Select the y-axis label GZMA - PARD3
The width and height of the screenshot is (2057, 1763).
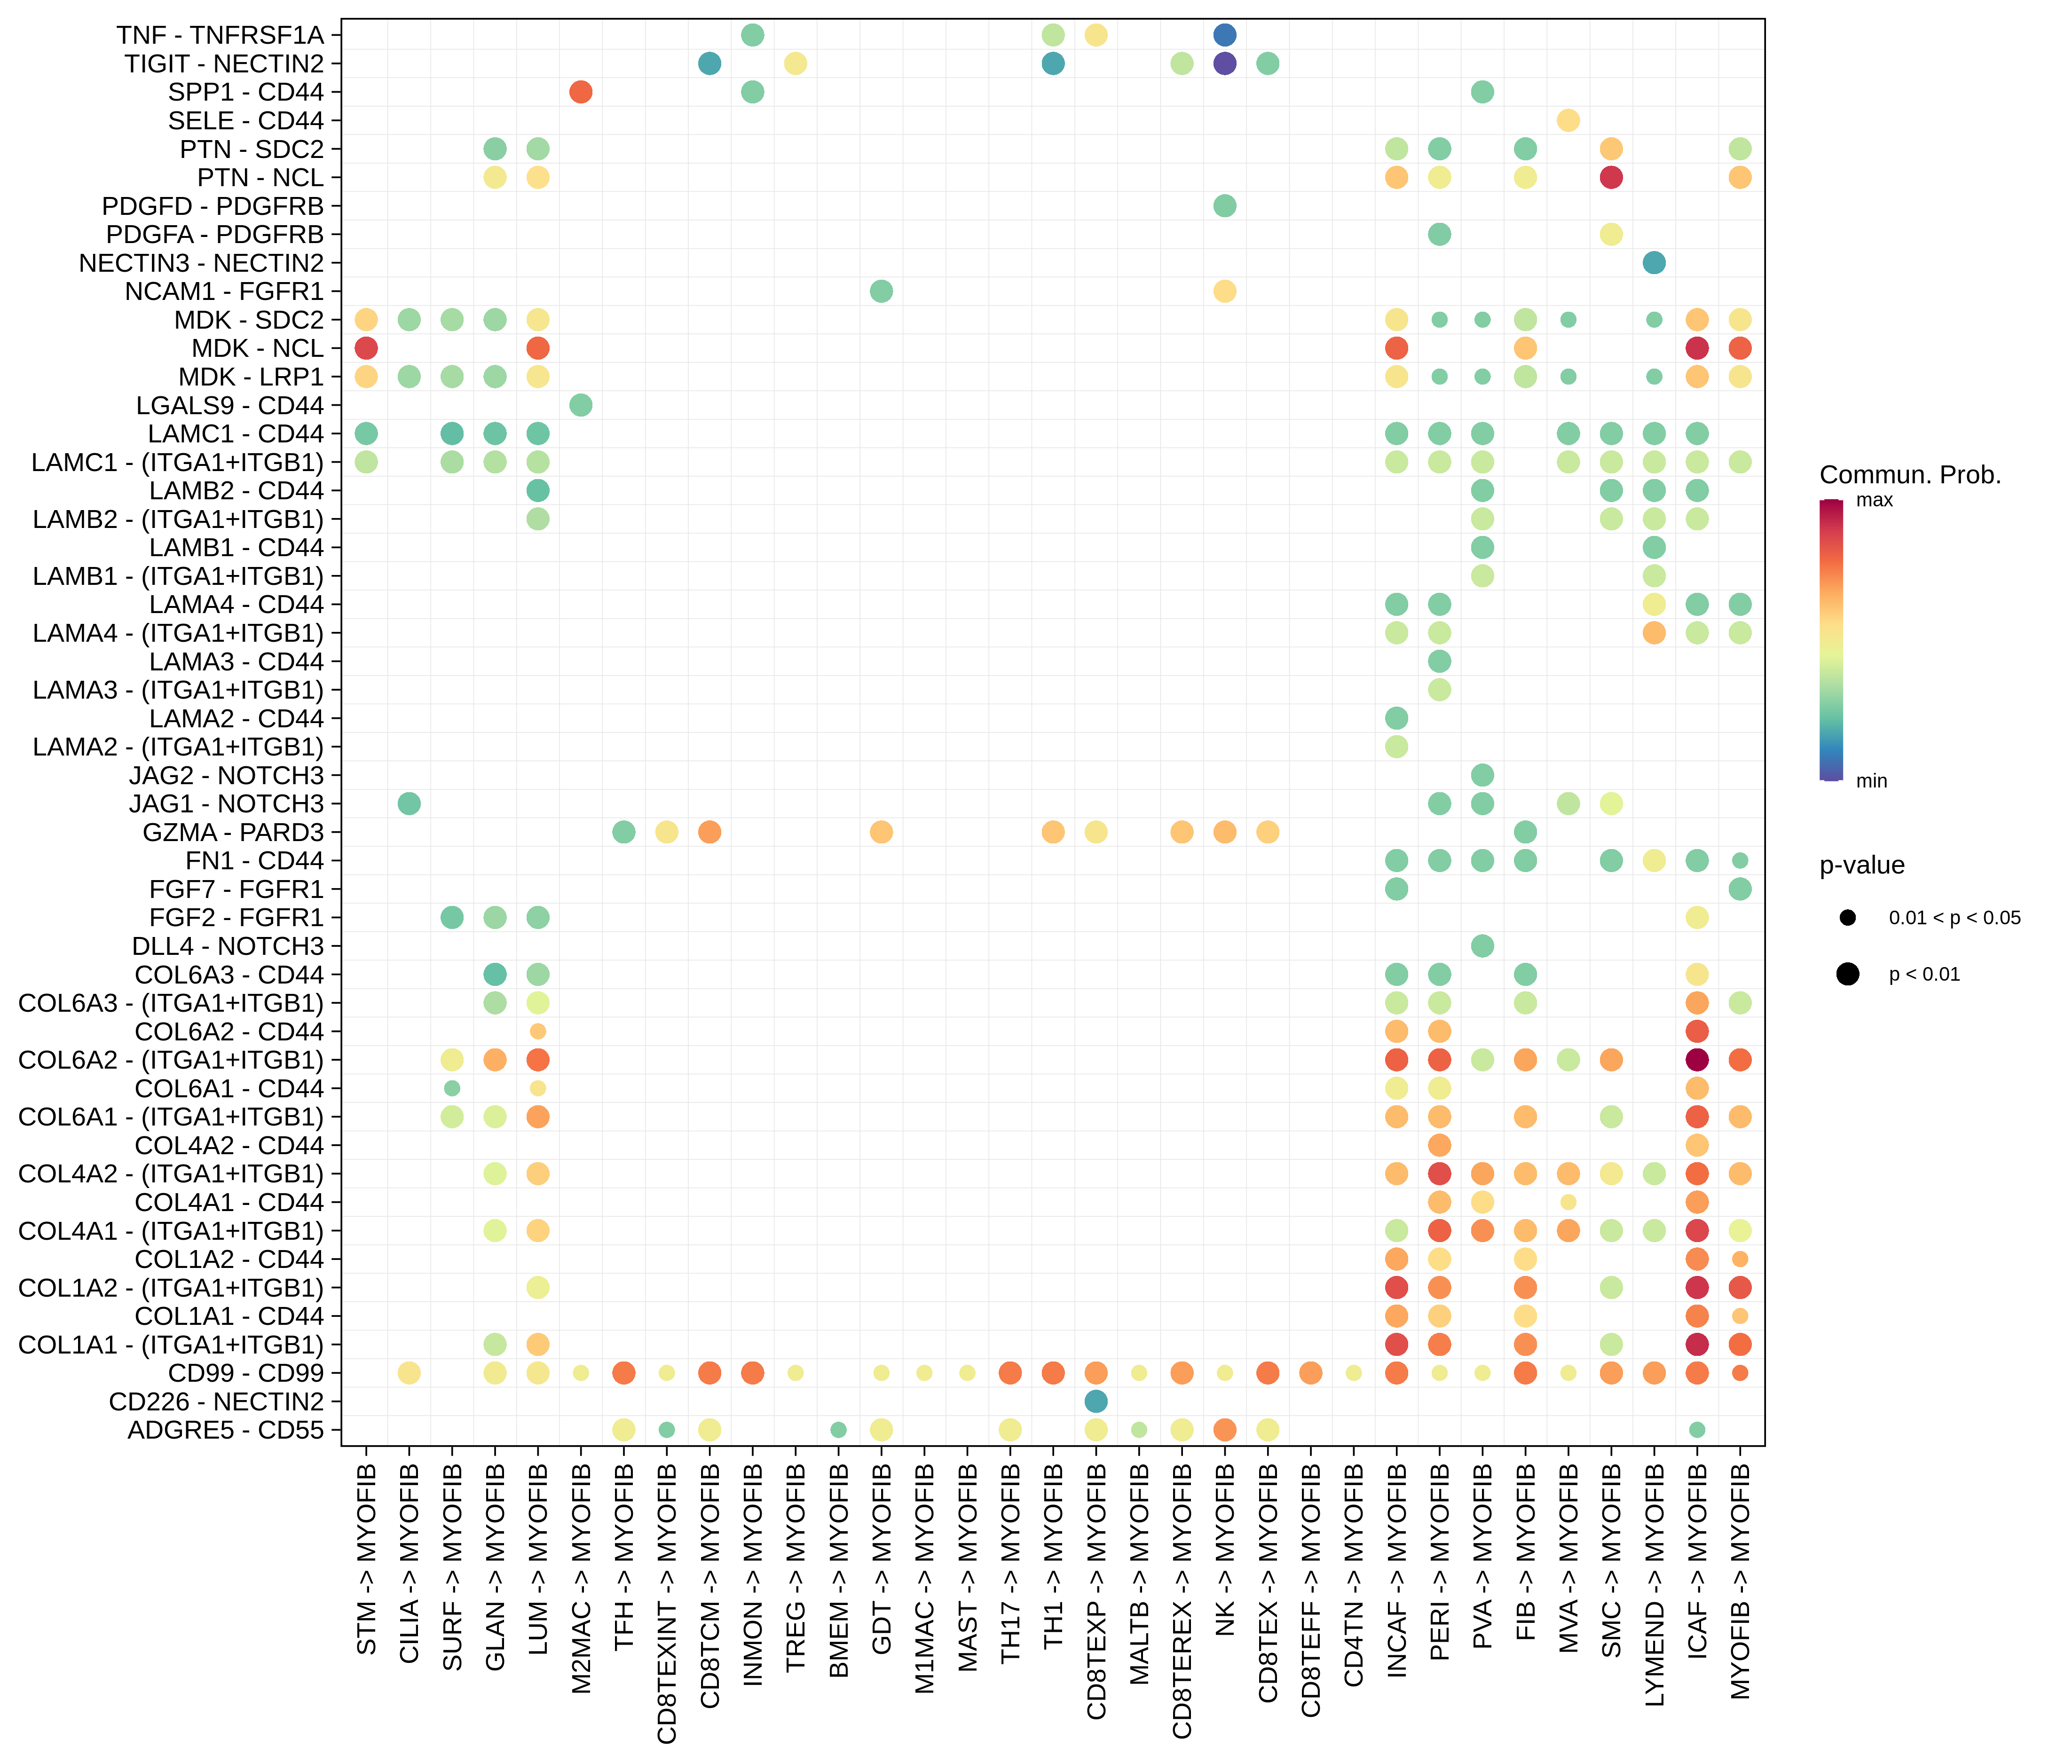point(232,832)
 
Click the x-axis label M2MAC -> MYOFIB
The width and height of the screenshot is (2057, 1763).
point(582,1578)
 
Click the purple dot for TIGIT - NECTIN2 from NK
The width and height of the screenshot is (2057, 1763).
point(1225,63)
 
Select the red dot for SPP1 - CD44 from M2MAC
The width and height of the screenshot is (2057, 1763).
point(582,92)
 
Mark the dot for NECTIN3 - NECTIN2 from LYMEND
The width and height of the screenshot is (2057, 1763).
point(1654,263)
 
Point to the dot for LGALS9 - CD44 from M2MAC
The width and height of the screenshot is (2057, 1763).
point(582,405)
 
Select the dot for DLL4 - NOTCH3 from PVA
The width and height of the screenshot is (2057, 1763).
point(1482,946)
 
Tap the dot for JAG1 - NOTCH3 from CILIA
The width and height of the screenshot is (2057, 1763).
point(409,804)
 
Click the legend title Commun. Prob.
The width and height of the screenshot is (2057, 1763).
point(1909,475)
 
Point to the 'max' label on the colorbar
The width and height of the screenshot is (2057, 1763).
point(1874,500)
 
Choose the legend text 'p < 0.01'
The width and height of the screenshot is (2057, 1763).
point(1924,975)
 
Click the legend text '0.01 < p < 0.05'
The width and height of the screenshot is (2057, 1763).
point(1954,918)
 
